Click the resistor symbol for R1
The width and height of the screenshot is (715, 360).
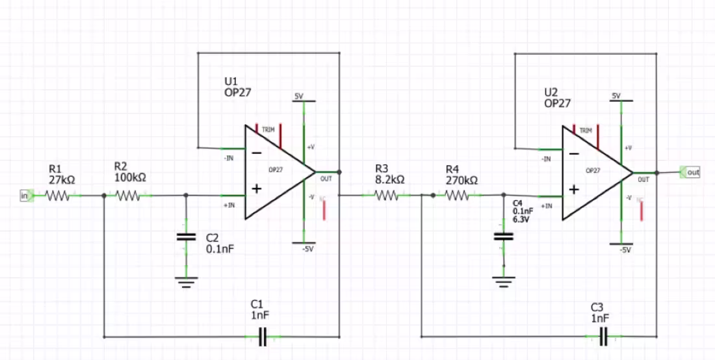(x=59, y=195)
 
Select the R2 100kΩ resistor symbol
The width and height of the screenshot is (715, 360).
(x=128, y=195)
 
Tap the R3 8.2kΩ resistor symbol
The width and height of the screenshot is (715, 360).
(x=388, y=195)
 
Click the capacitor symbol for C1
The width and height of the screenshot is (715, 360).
(x=263, y=337)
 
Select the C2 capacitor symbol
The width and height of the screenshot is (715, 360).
(x=187, y=238)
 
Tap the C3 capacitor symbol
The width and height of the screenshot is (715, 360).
(x=603, y=337)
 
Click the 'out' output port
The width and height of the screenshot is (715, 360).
(x=691, y=172)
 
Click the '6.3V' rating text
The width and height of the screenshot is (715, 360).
(x=521, y=220)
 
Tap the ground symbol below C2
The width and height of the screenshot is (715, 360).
(x=187, y=282)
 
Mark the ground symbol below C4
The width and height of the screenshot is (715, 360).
(x=503, y=282)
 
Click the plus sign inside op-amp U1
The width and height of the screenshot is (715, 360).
(x=257, y=189)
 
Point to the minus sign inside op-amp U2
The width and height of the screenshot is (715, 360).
(x=575, y=154)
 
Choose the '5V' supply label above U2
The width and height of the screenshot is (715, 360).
(x=616, y=96)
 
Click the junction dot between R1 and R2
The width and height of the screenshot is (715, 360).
(x=104, y=195)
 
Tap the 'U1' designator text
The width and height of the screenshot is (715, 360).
(x=231, y=81)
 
